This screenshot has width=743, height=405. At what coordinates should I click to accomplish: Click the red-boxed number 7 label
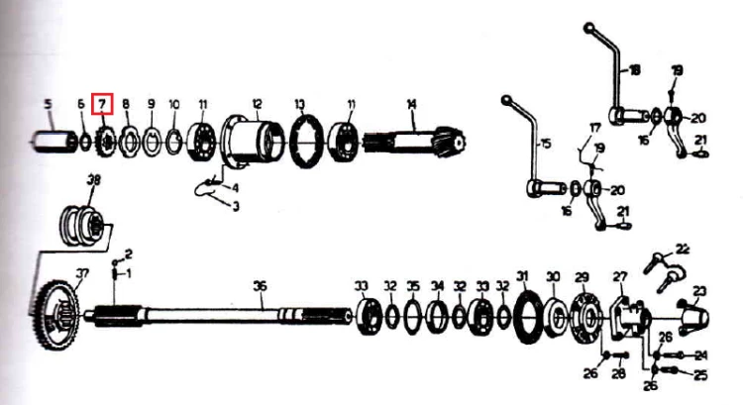(x=102, y=104)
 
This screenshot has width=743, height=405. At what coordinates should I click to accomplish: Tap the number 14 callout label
(x=411, y=104)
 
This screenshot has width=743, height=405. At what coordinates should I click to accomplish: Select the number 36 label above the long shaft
(x=260, y=286)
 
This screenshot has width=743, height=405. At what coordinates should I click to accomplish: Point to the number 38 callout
(x=94, y=180)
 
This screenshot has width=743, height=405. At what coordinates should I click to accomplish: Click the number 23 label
(x=699, y=291)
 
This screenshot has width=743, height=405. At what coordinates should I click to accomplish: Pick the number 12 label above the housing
(x=257, y=104)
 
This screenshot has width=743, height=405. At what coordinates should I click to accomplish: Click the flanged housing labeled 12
(x=252, y=142)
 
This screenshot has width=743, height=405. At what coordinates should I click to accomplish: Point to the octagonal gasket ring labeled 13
(x=307, y=142)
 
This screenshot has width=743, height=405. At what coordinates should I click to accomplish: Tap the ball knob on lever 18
(x=589, y=28)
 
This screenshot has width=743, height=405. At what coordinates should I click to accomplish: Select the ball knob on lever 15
(x=506, y=100)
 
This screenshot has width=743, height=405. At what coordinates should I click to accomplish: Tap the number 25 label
(x=699, y=375)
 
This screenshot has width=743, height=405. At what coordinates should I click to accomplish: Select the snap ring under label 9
(x=153, y=143)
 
